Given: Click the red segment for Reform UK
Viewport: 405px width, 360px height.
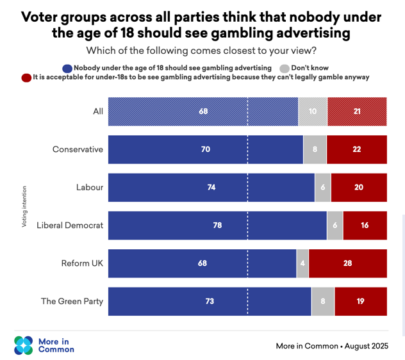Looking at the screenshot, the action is (348, 263).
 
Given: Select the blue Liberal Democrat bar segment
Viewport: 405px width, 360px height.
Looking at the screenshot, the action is (217, 225).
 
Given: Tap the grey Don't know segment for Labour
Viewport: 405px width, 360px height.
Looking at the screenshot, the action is (322, 188).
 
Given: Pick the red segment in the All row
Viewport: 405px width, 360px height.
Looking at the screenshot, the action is (357, 111).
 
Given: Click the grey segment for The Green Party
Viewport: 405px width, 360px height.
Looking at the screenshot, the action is (323, 301).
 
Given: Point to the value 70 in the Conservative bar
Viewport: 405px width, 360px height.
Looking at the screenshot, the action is (206, 149).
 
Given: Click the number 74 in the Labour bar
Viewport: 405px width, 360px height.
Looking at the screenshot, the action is (211, 187).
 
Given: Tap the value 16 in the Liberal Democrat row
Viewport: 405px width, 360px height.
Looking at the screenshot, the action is (365, 225).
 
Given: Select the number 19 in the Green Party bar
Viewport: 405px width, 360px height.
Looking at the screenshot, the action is (360, 301).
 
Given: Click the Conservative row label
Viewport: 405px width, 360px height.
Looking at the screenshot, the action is (78, 149).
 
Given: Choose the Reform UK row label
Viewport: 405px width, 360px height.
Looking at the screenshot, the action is (82, 263).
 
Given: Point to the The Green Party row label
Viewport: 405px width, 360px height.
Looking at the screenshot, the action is (72, 301).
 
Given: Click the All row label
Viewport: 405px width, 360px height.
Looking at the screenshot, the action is (98, 111).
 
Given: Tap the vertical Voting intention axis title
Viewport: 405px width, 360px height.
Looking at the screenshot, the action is (24, 207).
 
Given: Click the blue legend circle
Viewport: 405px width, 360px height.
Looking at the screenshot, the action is (67, 69).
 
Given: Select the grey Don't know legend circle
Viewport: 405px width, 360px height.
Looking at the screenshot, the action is (285, 69).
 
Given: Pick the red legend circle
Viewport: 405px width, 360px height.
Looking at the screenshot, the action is (26, 78).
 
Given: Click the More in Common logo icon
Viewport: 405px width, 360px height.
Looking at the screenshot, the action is (24, 345).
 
